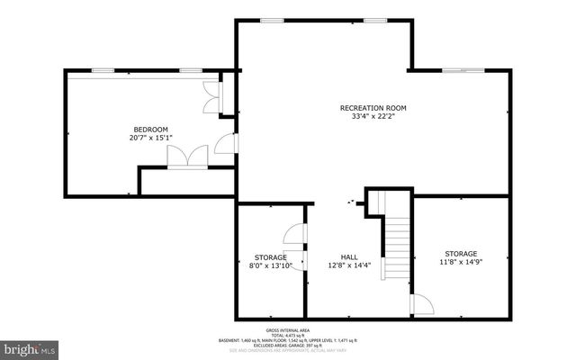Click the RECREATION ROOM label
pyautogui.click(x=369, y=109)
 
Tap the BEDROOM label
pyautogui.click(x=150, y=130)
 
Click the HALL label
pyautogui.click(x=349, y=256)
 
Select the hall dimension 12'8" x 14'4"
pyautogui.click(x=349, y=265)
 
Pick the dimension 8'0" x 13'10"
pyautogui.click(x=271, y=266)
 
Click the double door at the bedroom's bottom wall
pyautogui.click(x=187, y=157)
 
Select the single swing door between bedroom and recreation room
pyautogui.click(x=227, y=144)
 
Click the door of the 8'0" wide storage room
pyautogui.click(x=295, y=235)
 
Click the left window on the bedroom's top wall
pyautogui.click(x=103, y=70)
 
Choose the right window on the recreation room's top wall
pyautogui.click(x=375, y=20)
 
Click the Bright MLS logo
pyautogui.click(x=30, y=347)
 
